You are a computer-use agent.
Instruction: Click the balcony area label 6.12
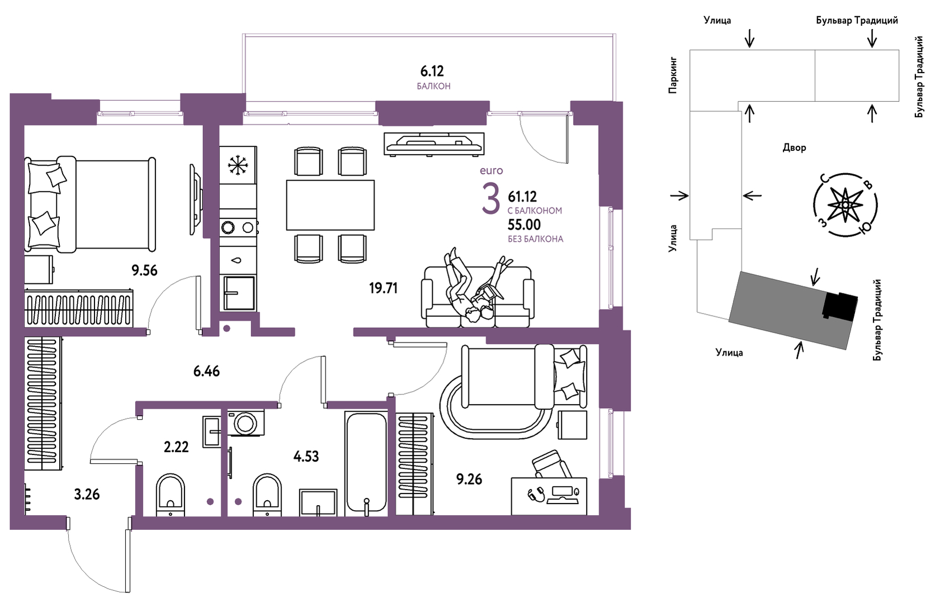pyautogui.click(x=432, y=72)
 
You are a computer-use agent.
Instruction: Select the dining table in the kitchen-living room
pyautogui.click(x=330, y=205)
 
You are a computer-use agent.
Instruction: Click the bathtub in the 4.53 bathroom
pyautogui.click(x=366, y=463)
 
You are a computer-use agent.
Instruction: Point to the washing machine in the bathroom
pyautogui.click(x=246, y=422)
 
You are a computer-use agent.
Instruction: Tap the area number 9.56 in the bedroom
pyautogui.click(x=144, y=271)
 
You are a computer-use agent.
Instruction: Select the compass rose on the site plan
pyautogui.click(x=845, y=205)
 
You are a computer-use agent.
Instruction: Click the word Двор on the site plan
pyautogui.click(x=795, y=148)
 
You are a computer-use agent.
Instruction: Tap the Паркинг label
pyautogui.click(x=673, y=75)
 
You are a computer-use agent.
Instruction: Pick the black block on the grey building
pyautogui.click(x=839, y=306)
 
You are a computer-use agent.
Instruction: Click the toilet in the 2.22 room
pyautogui.click(x=170, y=495)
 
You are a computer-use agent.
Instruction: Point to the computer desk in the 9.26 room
pyautogui.click(x=549, y=496)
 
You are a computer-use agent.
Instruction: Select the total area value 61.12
pyautogui.click(x=522, y=197)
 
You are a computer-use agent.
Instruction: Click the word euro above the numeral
pyautogui.click(x=492, y=170)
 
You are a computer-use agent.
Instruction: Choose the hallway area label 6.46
pyautogui.click(x=206, y=372)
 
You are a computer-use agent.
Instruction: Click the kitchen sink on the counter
pyautogui.click(x=239, y=293)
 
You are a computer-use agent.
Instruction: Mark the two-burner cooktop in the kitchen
pyautogui.click(x=238, y=227)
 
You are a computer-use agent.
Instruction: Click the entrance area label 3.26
pyautogui.click(x=87, y=495)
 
